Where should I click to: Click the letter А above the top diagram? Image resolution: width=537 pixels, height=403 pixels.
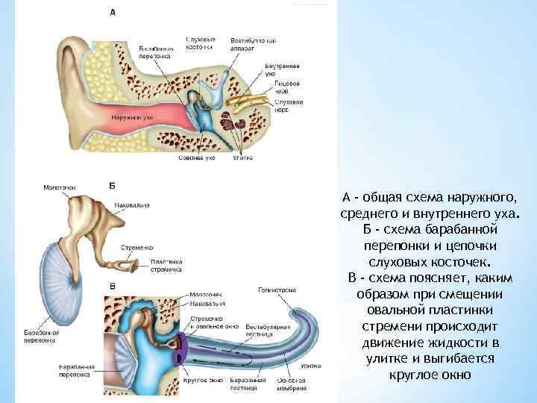pos(112,12)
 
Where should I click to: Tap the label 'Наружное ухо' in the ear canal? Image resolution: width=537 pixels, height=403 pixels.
pos(132,117)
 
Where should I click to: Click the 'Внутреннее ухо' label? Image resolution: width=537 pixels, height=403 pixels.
pos(280,69)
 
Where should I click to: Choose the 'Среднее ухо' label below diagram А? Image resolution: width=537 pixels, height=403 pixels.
pos(198,157)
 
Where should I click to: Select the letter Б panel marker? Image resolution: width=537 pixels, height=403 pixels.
pos(112,184)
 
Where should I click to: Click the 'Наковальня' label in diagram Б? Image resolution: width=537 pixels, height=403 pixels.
pos(132,204)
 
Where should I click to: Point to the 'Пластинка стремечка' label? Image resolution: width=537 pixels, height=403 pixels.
pos(166,266)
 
